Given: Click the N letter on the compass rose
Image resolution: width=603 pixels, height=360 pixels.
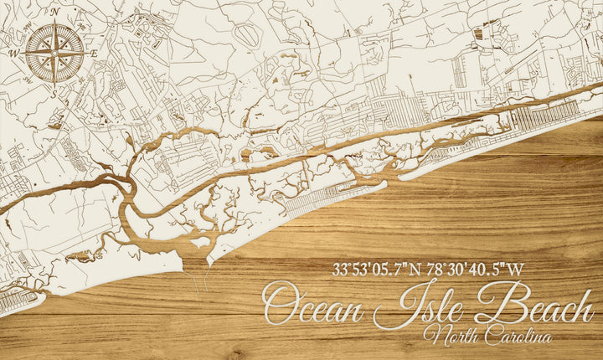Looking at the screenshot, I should pyautogui.click(x=54, y=13).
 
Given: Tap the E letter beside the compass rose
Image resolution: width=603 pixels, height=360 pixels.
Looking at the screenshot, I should pyautogui.click(x=95, y=54).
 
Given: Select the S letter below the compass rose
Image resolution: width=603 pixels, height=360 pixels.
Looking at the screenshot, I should pyautogui.click(x=54, y=94).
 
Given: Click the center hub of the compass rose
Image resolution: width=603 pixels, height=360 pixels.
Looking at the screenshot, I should pyautogui.click(x=54, y=53).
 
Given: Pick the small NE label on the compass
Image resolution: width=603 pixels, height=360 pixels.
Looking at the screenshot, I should pyautogui.click(x=76, y=31).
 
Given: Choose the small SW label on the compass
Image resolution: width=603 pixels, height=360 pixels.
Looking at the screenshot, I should pyautogui.click(x=33, y=75).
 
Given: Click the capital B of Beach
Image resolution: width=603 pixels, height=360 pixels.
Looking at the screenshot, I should pyautogui.click(x=494, y=304).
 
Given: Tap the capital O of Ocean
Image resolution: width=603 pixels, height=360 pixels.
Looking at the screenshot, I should pyautogui.click(x=281, y=306).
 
